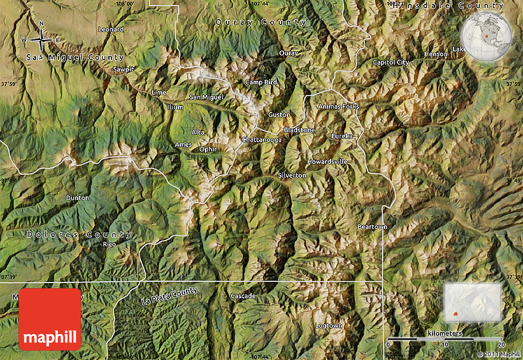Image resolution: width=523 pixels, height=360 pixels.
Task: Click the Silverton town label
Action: (x=292, y=175)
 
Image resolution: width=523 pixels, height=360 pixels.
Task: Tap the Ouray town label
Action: (x=289, y=53)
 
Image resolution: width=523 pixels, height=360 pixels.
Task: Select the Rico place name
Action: (x=110, y=244)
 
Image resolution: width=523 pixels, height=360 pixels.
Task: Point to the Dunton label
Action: (x=78, y=198)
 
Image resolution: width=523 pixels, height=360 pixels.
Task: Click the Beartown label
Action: (x=372, y=227)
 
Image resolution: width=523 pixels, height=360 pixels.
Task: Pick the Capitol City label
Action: (x=391, y=62)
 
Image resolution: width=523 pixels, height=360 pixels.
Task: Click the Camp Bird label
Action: (x=261, y=82)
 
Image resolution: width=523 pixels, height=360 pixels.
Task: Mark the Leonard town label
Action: (x=111, y=29)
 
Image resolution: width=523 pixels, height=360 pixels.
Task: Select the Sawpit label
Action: (x=122, y=70)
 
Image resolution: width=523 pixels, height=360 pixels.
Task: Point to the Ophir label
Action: (x=209, y=149)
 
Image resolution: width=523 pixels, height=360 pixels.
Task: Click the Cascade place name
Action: (x=242, y=296)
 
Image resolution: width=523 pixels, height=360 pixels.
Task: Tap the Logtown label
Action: (x=329, y=325)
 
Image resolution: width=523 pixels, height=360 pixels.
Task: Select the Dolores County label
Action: (x=79, y=234)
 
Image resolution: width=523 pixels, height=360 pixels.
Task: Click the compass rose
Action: (x=41, y=39)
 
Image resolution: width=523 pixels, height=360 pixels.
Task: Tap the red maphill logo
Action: (x=50, y=319)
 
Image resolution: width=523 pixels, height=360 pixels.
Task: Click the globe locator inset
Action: (x=487, y=35)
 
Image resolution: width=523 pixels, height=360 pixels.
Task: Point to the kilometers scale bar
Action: (x=445, y=339)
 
